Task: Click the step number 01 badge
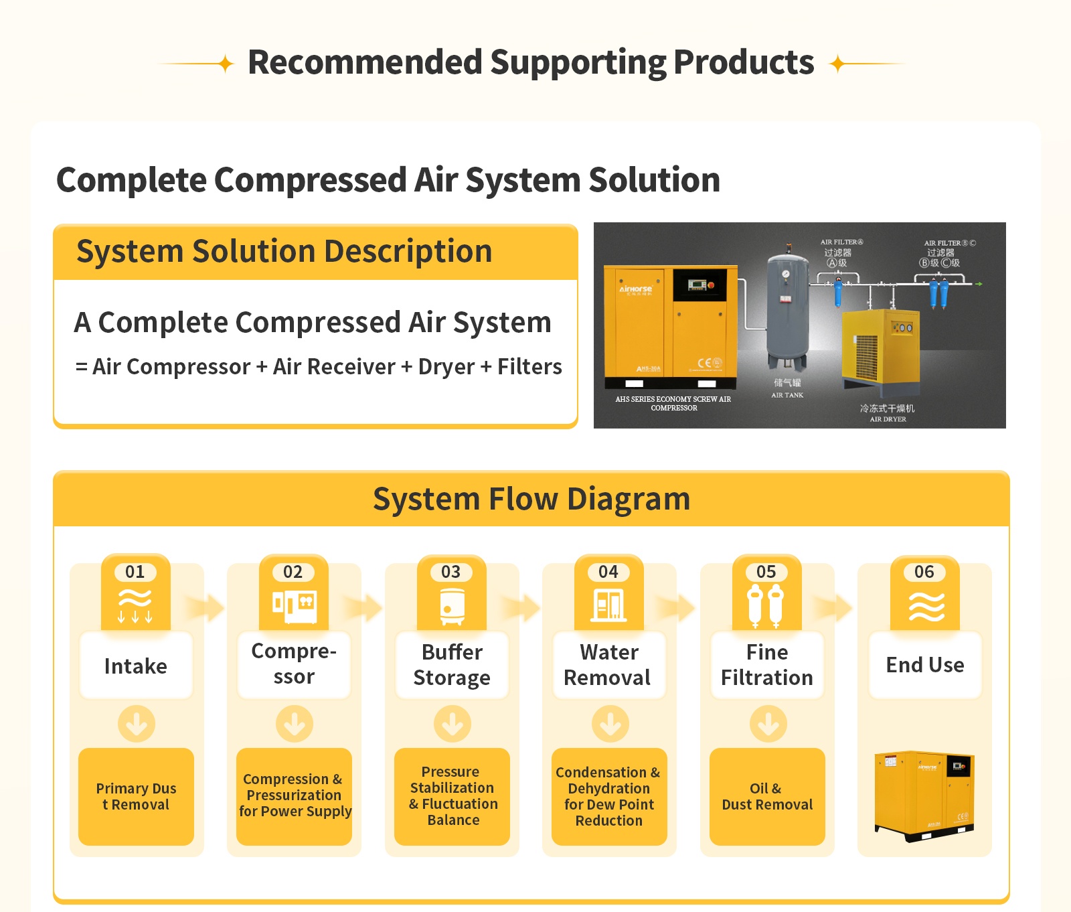[135, 572]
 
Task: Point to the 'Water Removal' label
[608, 665]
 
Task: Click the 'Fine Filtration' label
[766, 665]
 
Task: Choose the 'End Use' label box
[925, 665]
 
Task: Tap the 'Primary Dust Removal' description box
[136, 796]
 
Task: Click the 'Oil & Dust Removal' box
[767, 796]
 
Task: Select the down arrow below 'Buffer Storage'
[452, 724]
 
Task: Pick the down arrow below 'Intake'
[137, 724]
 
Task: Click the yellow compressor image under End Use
[924, 795]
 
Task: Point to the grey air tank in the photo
[787, 308]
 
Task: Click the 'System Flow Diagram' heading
[531, 500]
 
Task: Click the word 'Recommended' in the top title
[365, 62]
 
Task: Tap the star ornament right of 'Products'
[837, 64]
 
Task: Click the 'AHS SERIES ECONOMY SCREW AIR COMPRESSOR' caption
[673, 403]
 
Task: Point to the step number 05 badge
[766, 572]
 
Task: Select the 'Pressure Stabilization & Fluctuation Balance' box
[452, 796]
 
